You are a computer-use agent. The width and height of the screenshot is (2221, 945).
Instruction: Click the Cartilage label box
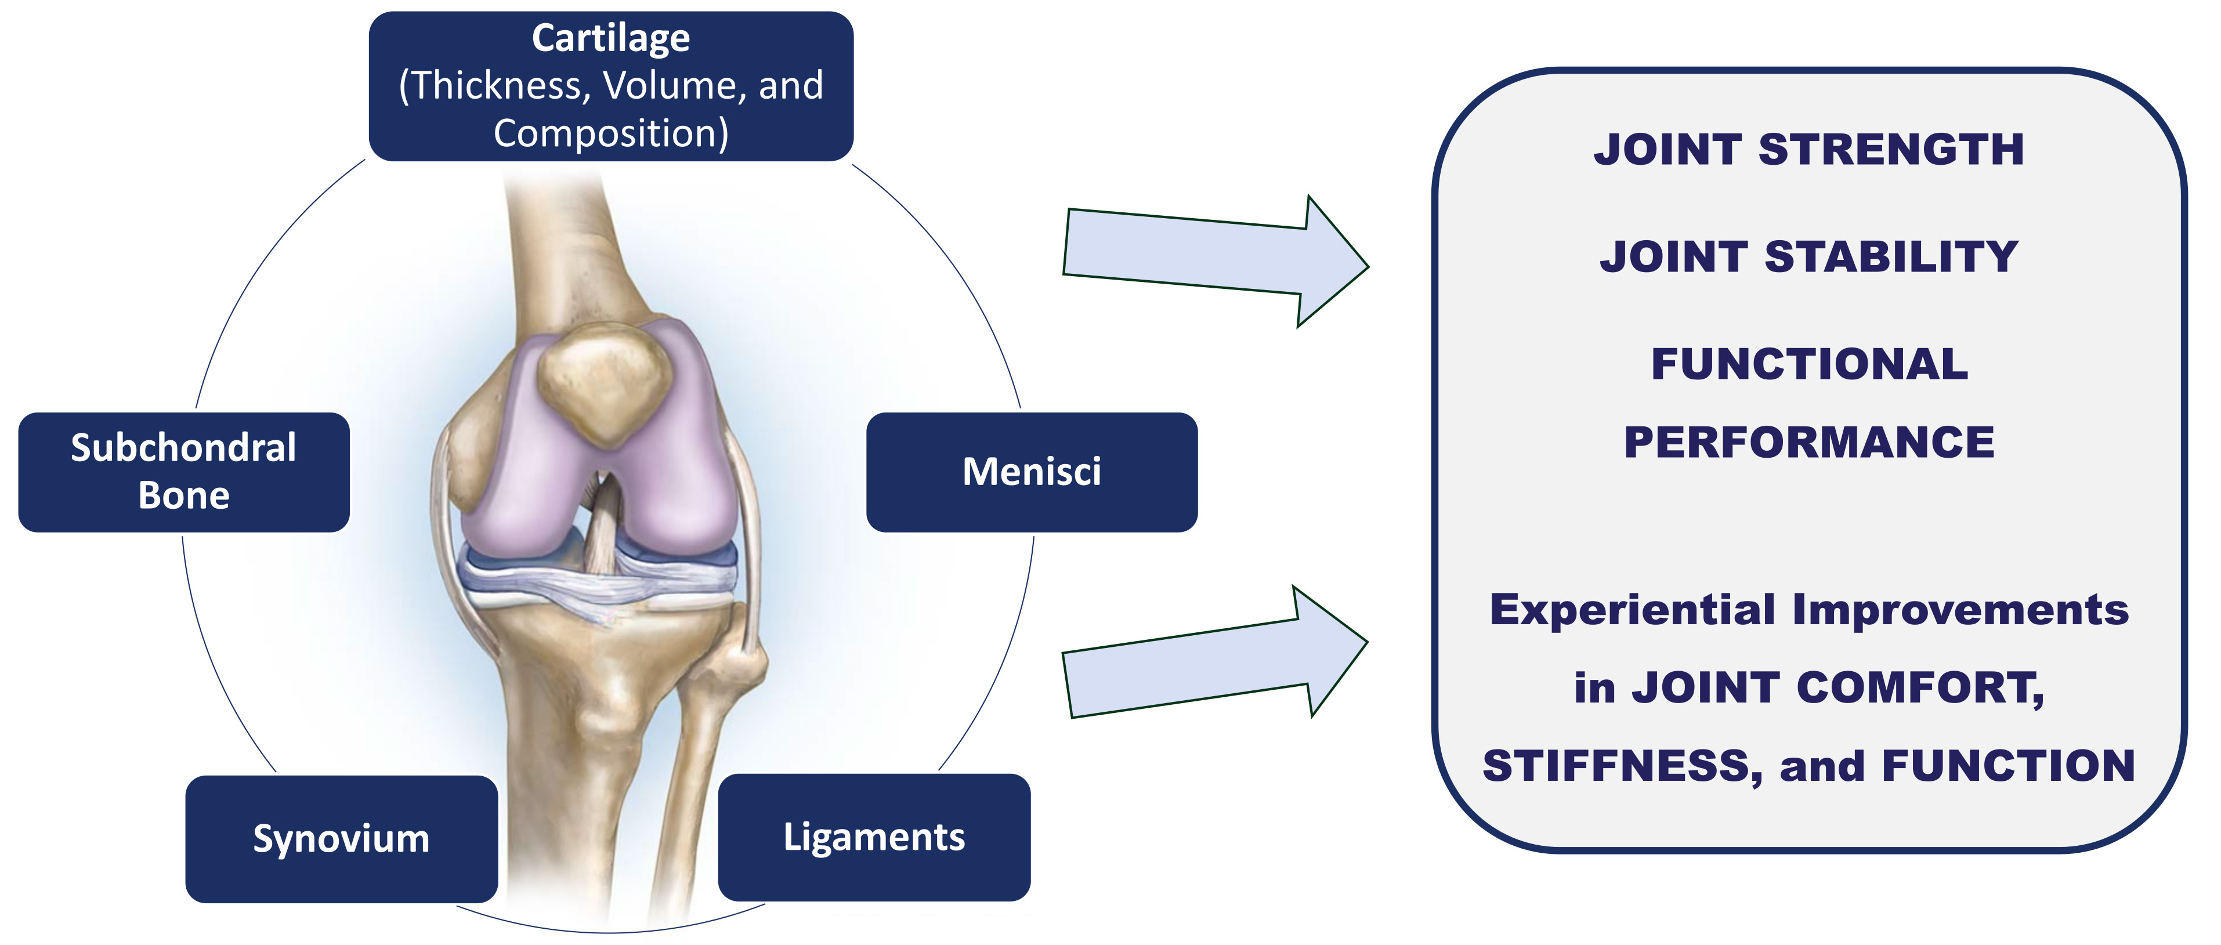pyautogui.click(x=610, y=86)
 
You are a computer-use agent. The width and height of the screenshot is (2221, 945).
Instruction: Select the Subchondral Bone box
pyautogui.click(x=184, y=472)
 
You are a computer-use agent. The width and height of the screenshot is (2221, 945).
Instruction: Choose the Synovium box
pyautogui.click(x=341, y=838)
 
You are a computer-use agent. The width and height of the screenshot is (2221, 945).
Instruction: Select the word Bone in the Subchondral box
pyautogui.click(x=184, y=496)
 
